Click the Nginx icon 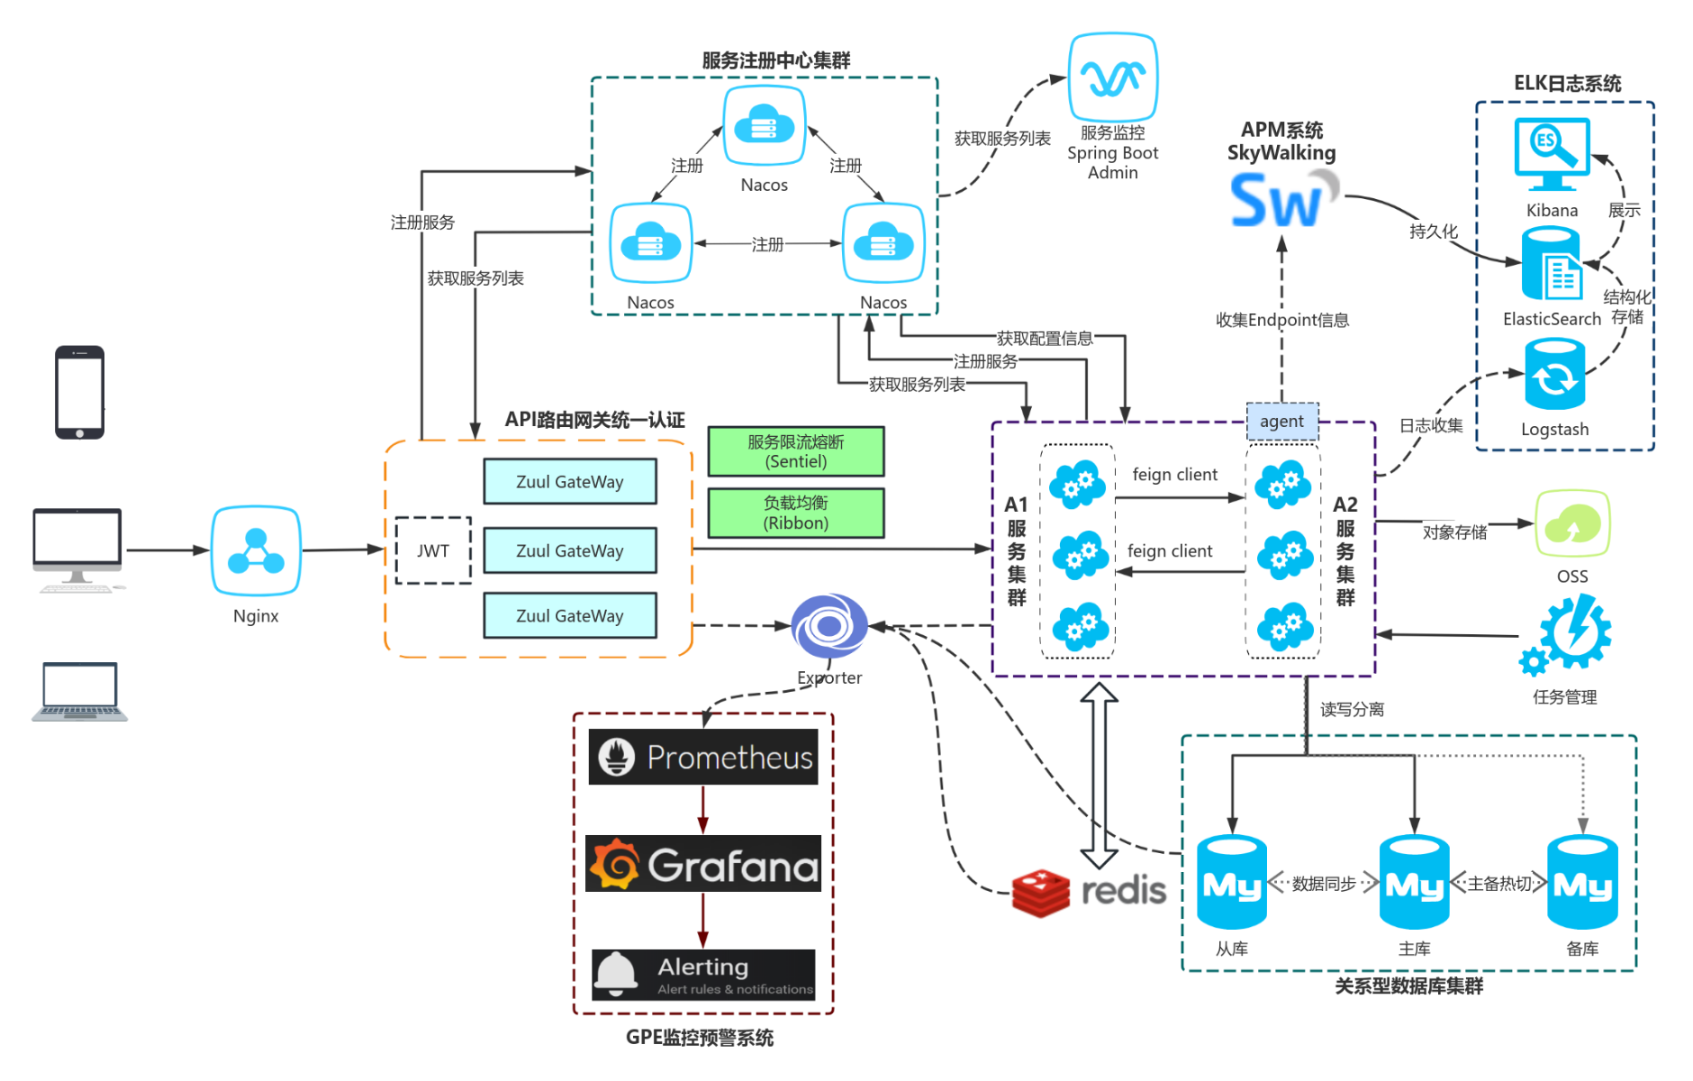256,550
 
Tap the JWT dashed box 433,550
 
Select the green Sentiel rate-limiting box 795,451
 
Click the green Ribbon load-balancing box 795,513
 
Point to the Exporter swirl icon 829,625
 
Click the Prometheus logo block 703,757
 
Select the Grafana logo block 703,864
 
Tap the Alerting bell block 703,975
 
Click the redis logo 1088,892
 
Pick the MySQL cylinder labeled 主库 1414,883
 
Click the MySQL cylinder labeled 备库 1582,883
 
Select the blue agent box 1281,421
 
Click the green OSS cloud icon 1572,523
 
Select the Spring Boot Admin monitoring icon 1112,77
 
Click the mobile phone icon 79,392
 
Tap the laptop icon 79,692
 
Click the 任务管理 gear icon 1568,635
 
